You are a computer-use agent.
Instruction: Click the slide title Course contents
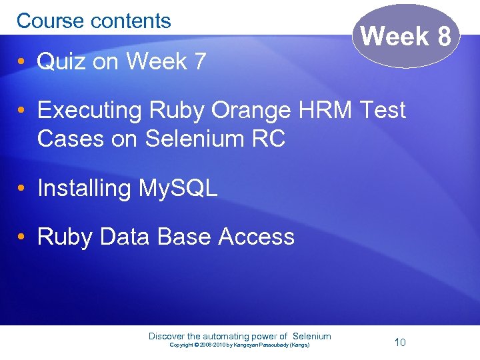[x=94, y=21]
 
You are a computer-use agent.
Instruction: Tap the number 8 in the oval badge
[x=445, y=37]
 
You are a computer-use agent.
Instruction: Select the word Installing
[x=84, y=189]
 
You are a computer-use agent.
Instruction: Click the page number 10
[x=400, y=343]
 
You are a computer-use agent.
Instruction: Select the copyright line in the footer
[x=239, y=345]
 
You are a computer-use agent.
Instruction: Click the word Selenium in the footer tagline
[x=312, y=336]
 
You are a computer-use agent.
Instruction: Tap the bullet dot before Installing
[x=22, y=189]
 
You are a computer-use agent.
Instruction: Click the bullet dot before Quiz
[x=22, y=63]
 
